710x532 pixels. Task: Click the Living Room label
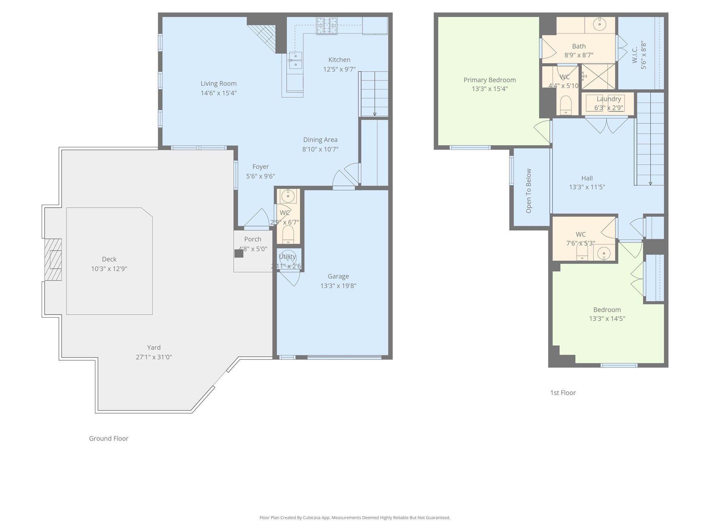[x=218, y=83]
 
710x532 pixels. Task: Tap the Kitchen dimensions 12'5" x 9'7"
[x=339, y=69]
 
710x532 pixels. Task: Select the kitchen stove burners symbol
[x=326, y=26]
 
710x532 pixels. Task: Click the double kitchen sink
[x=295, y=60]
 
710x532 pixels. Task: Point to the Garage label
[x=338, y=276]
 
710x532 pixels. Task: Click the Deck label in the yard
[x=109, y=259]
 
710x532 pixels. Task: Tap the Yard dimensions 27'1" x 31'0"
[x=154, y=357]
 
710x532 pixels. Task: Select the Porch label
[x=252, y=239]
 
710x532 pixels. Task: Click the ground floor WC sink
[x=288, y=196]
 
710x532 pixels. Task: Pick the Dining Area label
[x=320, y=140]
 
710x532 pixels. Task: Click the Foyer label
[x=260, y=167]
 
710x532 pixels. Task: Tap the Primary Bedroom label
[x=490, y=80]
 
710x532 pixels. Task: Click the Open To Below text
[x=528, y=191]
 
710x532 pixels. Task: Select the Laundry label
[x=608, y=99]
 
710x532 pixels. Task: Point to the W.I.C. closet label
[x=635, y=55]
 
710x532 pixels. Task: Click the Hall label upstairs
[x=587, y=178]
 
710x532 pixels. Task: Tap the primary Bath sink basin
[x=599, y=24]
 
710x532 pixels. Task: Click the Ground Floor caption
[x=109, y=438]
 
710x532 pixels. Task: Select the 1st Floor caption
[x=563, y=393]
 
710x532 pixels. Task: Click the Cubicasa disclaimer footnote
[x=355, y=517]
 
